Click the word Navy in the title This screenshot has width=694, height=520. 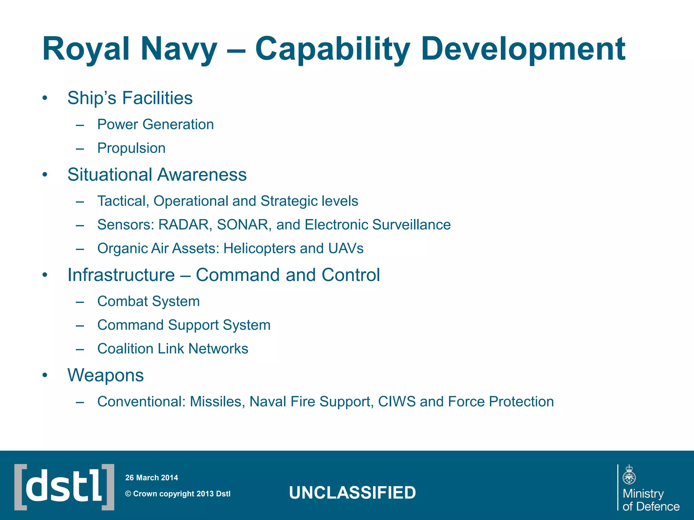pyautogui.click(x=179, y=49)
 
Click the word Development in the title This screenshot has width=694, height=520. pyautogui.click(x=523, y=49)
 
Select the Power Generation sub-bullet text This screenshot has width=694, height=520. pyautogui.click(x=156, y=125)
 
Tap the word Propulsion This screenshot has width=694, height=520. pyautogui.click(x=131, y=148)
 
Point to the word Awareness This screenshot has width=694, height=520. pyautogui.click(x=202, y=175)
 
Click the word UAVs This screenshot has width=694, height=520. pyautogui.click(x=346, y=248)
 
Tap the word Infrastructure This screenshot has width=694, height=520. pyautogui.click(x=121, y=275)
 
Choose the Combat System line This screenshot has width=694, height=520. pyautogui.click(x=148, y=301)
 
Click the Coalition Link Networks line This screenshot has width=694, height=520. pyautogui.click(x=173, y=349)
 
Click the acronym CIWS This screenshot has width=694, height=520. pyautogui.click(x=396, y=402)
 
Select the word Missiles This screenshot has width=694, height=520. pyautogui.click(x=217, y=402)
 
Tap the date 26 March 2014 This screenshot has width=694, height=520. pyautogui.click(x=151, y=478)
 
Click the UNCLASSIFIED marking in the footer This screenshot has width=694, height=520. pyautogui.click(x=352, y=493)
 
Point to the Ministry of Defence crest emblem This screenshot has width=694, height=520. pyautogui.click(x=629, y=475)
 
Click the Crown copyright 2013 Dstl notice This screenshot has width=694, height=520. pyautogui.click(x=178, y=494)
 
